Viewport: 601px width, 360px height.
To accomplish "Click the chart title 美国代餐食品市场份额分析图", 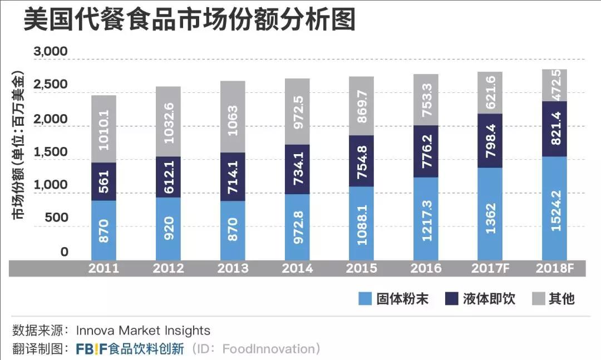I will (x=189, y=21).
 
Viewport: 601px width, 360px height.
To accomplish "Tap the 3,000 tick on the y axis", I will (x=51, y=52).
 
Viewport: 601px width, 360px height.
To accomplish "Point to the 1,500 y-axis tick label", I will (x=51, y=152).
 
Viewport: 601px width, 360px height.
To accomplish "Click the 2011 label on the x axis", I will (x=104, y=268).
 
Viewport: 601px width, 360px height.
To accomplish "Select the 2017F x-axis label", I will (x=489, y=268).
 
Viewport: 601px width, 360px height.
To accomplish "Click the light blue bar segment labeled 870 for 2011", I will (x=104, y=229).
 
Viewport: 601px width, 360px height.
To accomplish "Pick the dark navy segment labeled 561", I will (x=104, y=181).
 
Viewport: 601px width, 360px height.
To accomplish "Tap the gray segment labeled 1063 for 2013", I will (x=232, y=117).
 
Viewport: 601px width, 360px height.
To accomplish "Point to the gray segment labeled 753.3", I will (x=425, y=100).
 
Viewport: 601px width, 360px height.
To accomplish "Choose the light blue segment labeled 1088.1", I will (x=361, y=223).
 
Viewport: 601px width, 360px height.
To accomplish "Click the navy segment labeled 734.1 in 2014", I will (x=297, y=170).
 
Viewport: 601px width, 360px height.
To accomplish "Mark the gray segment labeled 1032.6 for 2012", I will (x=168, y=121).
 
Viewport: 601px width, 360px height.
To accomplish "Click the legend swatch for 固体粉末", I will (x=364, y=299).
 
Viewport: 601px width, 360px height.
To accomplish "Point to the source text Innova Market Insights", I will (x=139, y=331).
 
